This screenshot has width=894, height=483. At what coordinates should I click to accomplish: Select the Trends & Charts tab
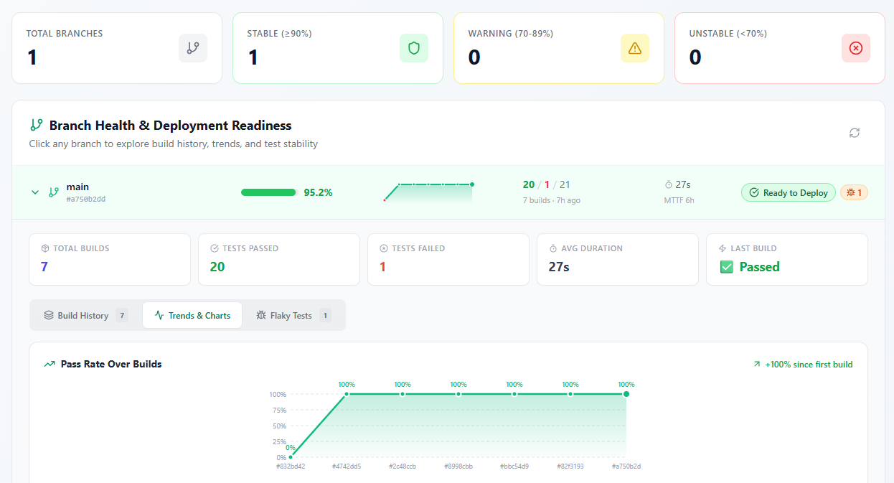(x=192, y=315)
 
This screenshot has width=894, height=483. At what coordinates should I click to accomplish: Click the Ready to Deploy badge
(x=788, y=192)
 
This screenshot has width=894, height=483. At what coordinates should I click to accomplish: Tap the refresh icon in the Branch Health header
(x=854, y=133)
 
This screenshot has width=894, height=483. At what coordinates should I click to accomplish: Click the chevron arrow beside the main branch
(x=34, y=192)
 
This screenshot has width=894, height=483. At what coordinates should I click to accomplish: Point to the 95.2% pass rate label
(x=318, y=192)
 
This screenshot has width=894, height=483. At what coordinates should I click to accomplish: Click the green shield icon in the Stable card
(x=413, y=48)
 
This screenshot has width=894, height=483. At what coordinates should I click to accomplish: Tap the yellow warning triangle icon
(x=634, y=48)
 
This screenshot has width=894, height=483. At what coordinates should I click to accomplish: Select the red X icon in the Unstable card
(x=855, y=48)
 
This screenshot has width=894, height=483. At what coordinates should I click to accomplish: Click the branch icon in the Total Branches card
(x=192, y=48)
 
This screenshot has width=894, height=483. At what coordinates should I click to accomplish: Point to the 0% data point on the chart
(x=291, y=456)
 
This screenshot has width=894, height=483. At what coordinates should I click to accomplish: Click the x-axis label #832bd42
(x=291, y=466)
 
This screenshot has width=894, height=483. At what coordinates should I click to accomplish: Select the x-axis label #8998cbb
(x=458, y=466)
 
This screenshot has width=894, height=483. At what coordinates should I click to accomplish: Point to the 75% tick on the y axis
(x=278, y=411)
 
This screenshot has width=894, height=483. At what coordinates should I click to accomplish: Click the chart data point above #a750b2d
(x=626, y=394)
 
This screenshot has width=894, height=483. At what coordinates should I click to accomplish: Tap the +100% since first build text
(x=803, y=365)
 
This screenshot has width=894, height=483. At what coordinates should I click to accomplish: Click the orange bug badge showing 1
(x=854, y=192)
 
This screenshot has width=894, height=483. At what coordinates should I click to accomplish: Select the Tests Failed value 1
(x=382, y=267)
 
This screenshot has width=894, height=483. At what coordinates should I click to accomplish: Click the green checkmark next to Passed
(x=726, y=267)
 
